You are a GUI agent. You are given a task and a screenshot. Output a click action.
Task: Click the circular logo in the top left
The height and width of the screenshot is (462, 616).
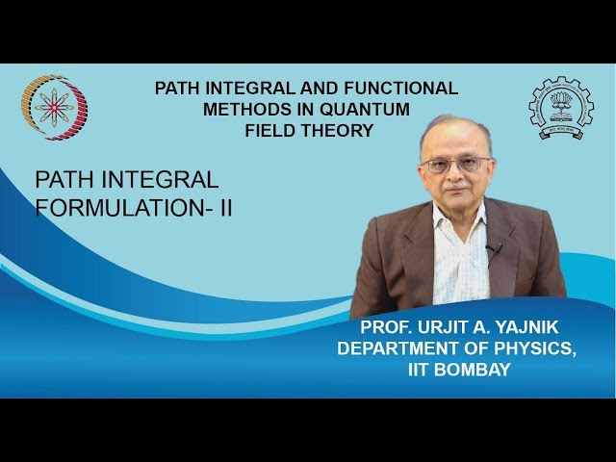click(55, 108)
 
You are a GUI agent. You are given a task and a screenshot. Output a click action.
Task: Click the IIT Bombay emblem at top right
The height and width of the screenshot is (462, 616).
click(561, 110)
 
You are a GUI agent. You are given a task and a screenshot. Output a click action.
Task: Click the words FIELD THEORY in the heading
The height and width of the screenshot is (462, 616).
click(308, 130)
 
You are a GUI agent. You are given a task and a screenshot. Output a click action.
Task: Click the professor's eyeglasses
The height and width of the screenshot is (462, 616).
click(456, 165)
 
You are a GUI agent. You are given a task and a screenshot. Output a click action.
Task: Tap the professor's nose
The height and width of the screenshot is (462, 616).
click(457, 175)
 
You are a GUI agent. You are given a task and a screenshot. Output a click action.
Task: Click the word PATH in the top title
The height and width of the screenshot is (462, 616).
click(179, 89)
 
